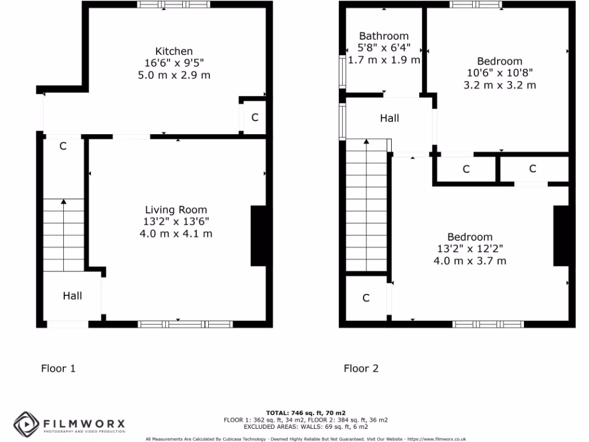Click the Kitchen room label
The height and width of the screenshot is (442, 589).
click(x=174, y=51)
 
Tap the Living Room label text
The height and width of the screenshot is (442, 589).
click(x=176, y=210)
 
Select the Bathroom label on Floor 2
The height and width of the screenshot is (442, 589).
click(x=384, y=36)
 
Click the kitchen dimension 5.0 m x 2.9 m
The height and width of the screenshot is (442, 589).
click(x=174, y=75)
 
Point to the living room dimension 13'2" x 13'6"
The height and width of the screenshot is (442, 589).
click(x=176, y=222)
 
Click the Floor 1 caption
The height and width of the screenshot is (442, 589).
click(x=58, y=368)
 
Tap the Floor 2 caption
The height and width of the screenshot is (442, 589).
click(x=361, y=368)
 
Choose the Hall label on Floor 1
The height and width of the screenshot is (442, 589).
click(x=72, y=296)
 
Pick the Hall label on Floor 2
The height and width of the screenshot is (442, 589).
click(x=389, y=118)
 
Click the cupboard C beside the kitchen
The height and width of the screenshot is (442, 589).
click(x=255, y=117)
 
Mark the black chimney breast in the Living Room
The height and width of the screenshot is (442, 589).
click(x=258, y=235)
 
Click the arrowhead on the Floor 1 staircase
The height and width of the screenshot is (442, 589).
click(x=63, y=201)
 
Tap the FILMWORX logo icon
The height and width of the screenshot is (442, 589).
click(x=26, y=425)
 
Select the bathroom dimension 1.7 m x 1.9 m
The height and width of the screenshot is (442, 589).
click(x=384, y=59)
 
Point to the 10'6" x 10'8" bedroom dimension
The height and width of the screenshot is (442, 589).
click(x=500, y=73)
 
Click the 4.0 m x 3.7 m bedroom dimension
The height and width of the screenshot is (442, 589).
click(x=470, y=261)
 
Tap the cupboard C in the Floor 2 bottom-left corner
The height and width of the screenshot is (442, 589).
click(x=366, y=298)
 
